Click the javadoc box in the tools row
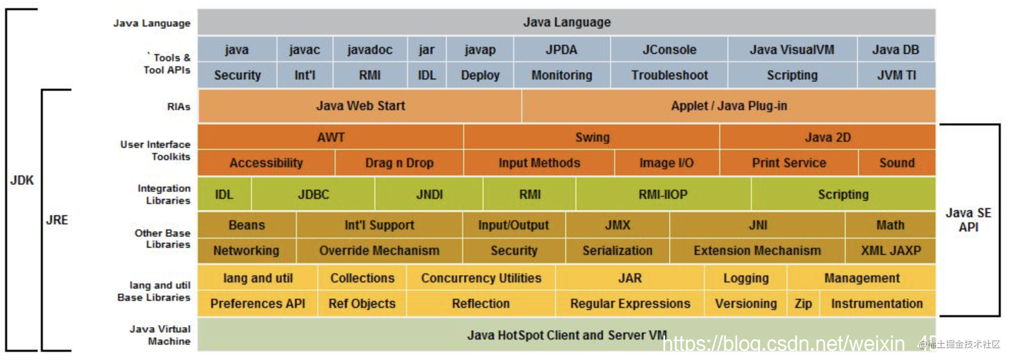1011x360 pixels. coord(370,49)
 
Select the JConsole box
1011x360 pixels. coord(669,49)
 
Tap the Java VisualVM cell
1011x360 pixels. coord(792,49)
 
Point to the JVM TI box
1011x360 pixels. coord(896,75)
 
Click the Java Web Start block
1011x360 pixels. coord(360,106)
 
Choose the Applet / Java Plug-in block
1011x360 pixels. coord(728,106)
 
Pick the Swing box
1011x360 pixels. coord(592,137)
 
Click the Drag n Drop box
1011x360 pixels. coord(399,163)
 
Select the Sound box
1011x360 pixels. coord(897,163)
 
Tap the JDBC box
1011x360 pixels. coord(313,194)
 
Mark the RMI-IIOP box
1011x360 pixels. coord(663,194)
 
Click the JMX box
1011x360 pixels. coord(617,225)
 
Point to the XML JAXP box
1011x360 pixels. coord(891,250)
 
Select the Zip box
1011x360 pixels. coord(803,303)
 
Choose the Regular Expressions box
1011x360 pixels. coord(630,303)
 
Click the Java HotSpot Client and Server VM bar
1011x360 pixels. coord(566,335)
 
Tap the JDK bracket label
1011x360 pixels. coord(22,180)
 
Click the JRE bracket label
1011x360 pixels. coord(57,220)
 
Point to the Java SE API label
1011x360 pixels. coord(968,220)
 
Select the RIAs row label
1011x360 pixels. coord(179,107)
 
